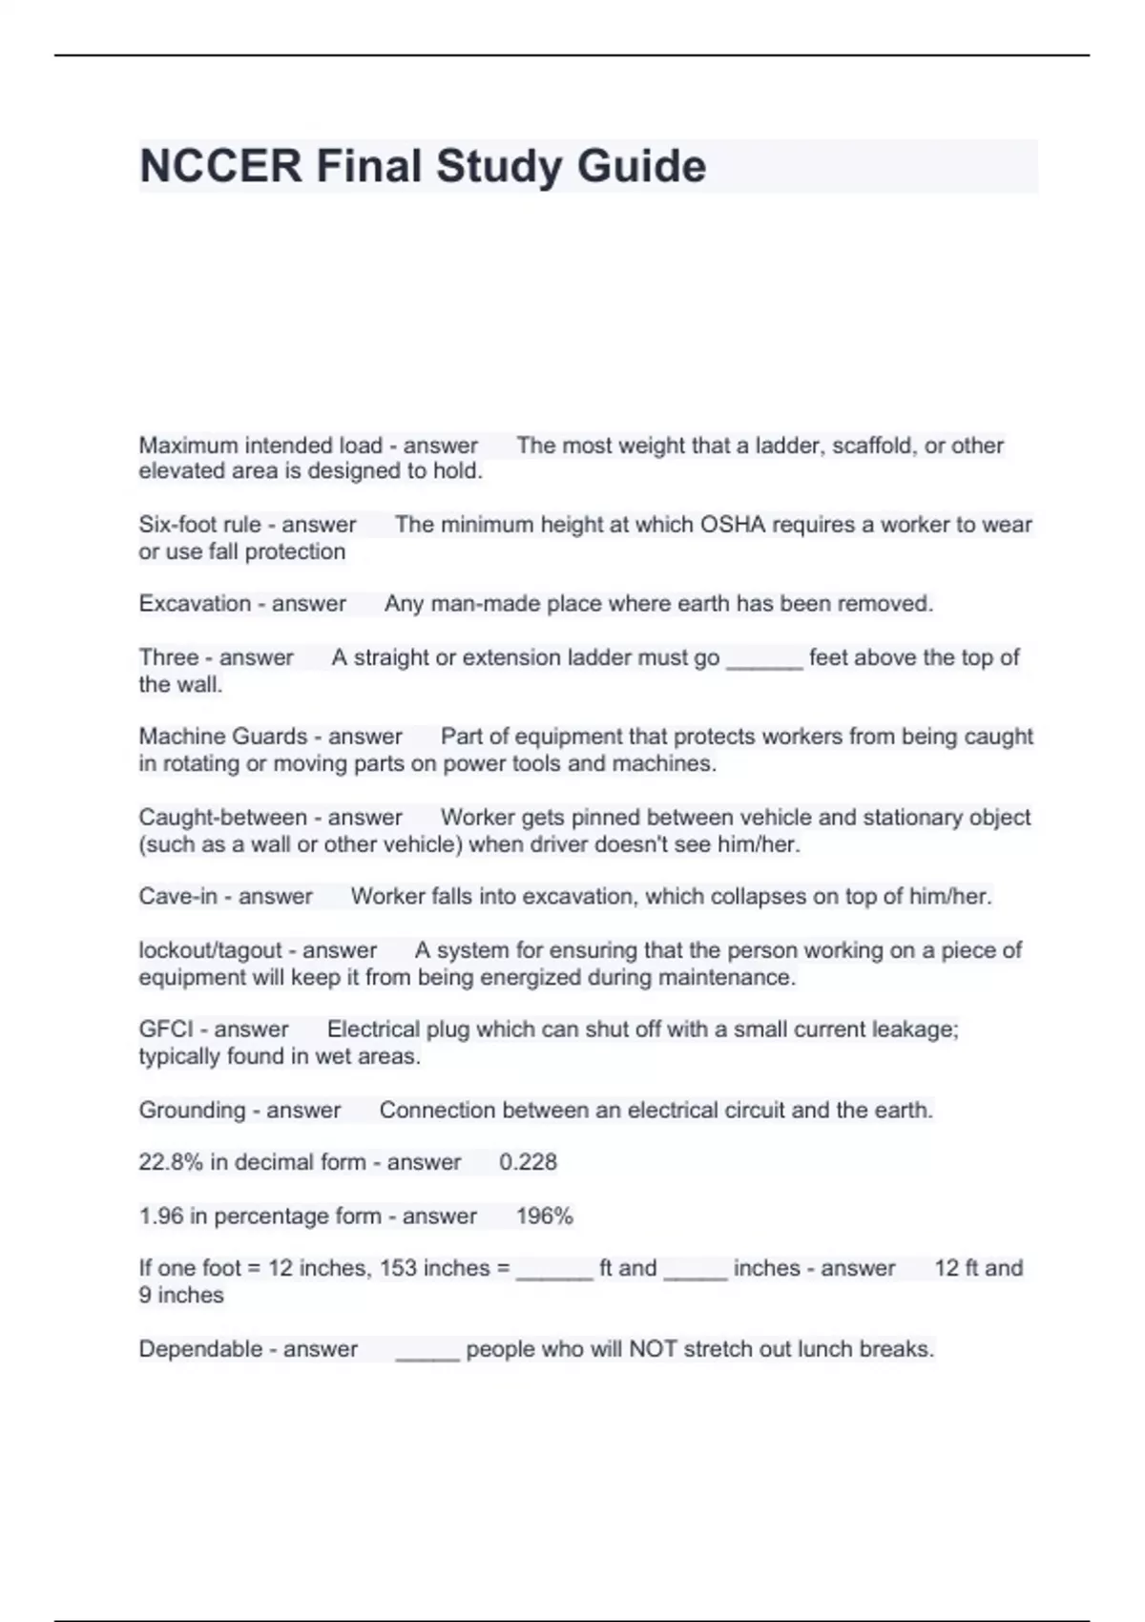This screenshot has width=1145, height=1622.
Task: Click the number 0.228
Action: [528, 1162]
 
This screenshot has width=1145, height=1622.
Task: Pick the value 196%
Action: [544, 1216]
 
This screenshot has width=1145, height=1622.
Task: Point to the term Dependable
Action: [200, 1349]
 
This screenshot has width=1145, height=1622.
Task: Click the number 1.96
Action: [159, 1216]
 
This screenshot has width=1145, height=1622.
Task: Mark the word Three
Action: [168, 657]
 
